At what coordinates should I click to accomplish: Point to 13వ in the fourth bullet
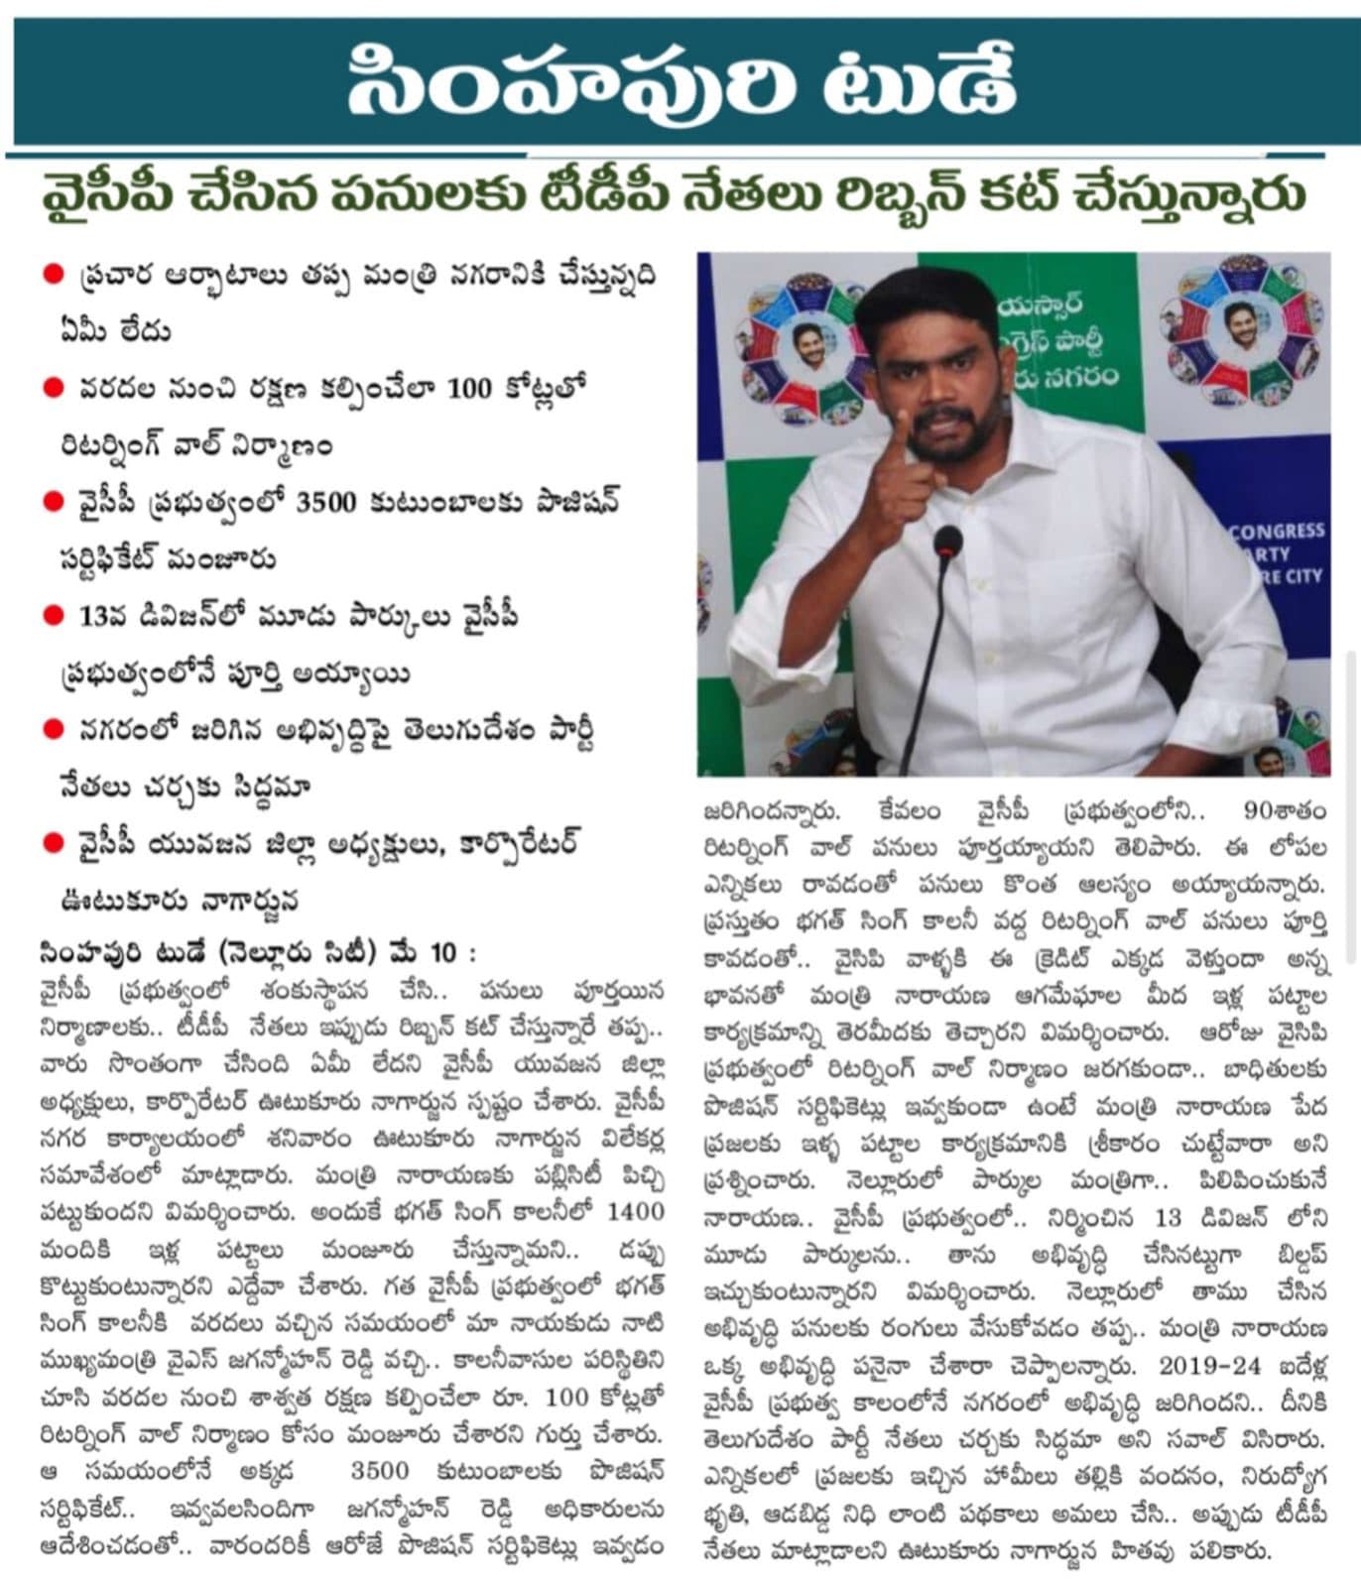[101, 617]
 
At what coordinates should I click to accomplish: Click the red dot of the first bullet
[54, 274]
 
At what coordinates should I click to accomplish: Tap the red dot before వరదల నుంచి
[54, 389]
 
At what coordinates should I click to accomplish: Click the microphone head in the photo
[947, 543]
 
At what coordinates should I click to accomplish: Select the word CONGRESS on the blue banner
[1276, 532]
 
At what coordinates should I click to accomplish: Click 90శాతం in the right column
[1286, 812]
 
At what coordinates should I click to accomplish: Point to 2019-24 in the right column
[1210, 1367]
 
